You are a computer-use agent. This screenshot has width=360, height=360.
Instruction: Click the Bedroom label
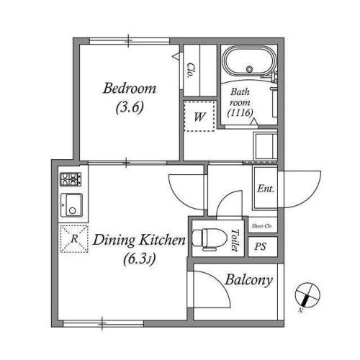(x=130, y=89)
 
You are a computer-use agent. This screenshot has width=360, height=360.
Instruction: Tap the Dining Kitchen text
(x=139, y=240)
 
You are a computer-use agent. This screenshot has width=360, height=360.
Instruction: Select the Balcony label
(x=249, y=280)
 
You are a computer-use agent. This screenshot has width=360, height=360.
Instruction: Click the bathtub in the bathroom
(x=249, y=60)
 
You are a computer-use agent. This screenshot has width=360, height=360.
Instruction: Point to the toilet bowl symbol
(x=210, y=239)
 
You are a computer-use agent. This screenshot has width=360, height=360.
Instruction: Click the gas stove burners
(x=71, y=179)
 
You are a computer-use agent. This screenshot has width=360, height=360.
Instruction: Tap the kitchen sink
(x=71, y=205)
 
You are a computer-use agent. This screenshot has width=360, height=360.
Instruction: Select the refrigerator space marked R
(x=74, y=239)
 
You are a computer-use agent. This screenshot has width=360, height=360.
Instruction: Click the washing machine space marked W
(x=199, y=116)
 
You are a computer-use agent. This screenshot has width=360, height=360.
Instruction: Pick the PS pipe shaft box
(x=263, y=246)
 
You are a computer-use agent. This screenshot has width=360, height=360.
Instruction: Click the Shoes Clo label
(x=262, y=226)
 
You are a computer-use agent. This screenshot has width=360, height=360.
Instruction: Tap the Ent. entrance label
(x=266, y=189)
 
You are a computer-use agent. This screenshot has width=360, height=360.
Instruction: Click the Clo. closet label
(x=191, y=71)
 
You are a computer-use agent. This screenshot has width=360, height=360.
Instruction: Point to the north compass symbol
(x=307, y=295)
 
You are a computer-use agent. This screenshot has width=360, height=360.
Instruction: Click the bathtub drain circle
(x=250, y=69)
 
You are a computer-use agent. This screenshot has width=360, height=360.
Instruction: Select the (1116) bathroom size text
(x=240, y=112)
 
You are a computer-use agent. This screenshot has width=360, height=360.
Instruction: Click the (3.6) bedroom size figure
(x=130, y=107)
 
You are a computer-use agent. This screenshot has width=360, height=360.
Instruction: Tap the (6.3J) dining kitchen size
(x=140, y=258)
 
